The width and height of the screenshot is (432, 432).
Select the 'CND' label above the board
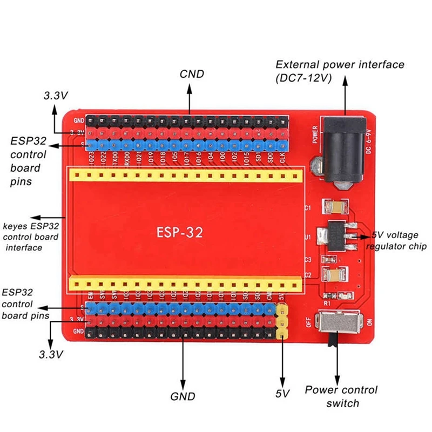(x=192, y=74)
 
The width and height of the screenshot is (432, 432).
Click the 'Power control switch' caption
(x=341, y=396)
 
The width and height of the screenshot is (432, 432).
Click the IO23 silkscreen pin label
(x=91, y=158)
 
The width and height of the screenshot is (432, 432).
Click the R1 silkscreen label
(x=327, y=304)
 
